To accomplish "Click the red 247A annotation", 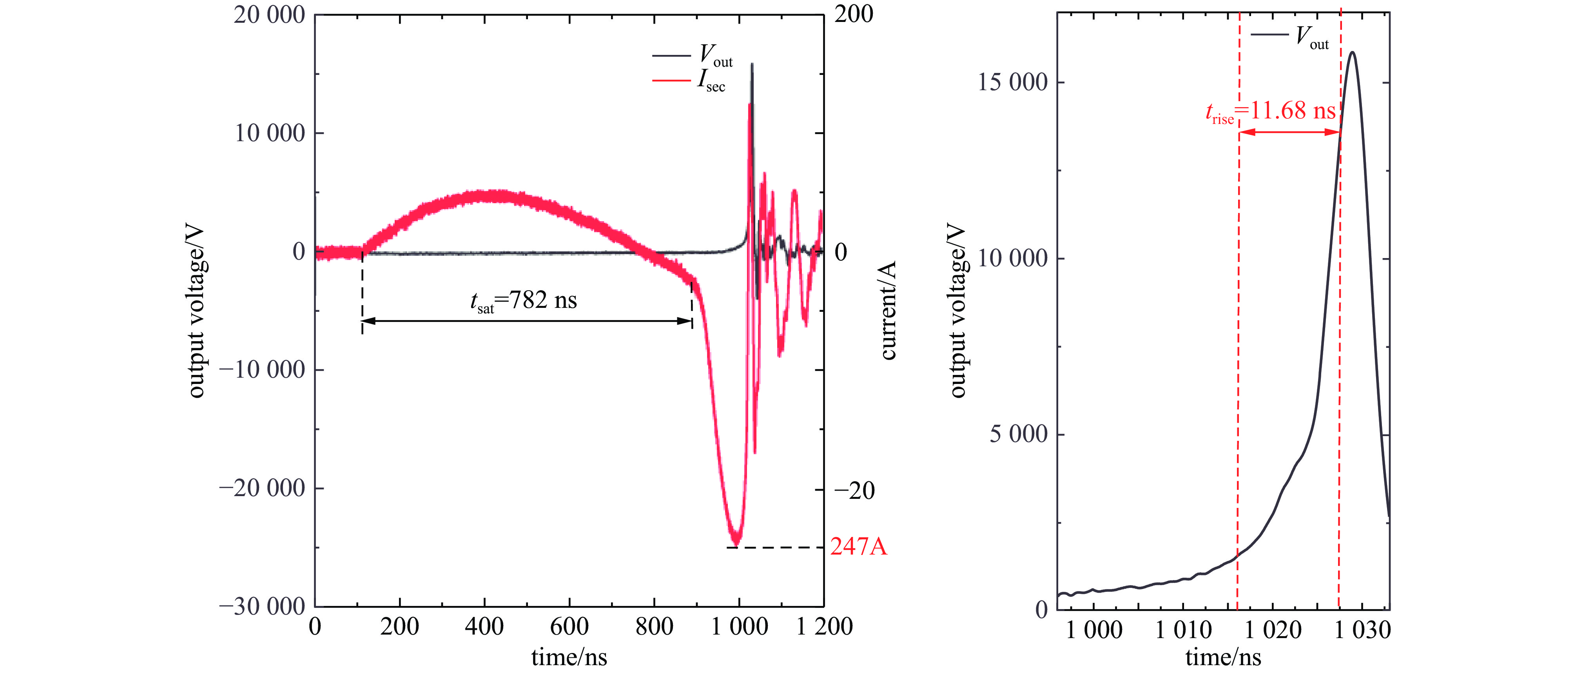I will pos(858,546).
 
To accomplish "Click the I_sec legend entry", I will pos(691,80).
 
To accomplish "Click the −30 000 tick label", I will pos(262,606).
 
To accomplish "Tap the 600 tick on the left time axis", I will pos(569,627).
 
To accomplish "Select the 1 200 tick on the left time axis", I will pos(824,627).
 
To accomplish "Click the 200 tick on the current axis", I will pos(854,15).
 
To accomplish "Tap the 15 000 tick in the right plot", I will pos(1012,82).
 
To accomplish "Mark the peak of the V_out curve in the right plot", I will pos(1352,53).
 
